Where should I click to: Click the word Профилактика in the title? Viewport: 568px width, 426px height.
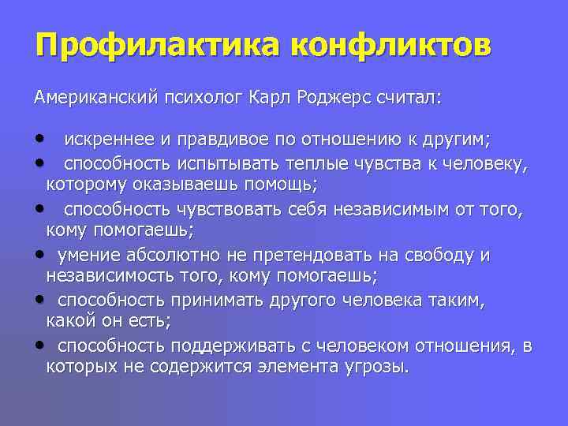click(157, 45)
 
